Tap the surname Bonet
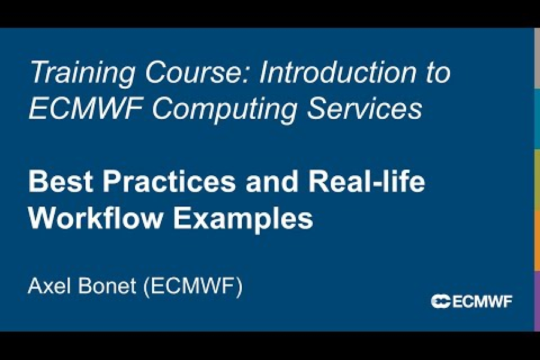[106, 286]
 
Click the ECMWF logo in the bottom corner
[472, 301]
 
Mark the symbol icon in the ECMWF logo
[440, 301]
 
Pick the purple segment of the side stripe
[536, 300]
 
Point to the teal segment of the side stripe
[536, 118]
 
